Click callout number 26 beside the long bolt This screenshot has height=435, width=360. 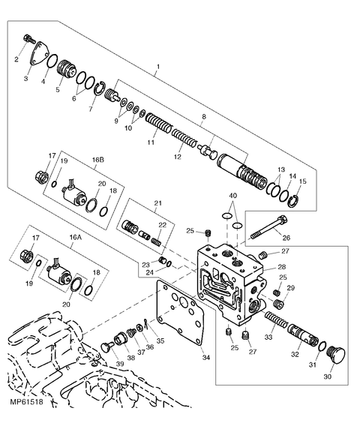tap(286, 239)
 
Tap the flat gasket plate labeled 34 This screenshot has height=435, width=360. tap(179, 319)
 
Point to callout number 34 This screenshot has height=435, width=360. tap(206, 357)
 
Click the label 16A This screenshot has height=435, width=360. tap(75, 236)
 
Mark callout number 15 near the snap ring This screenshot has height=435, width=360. tap(303, 181)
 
